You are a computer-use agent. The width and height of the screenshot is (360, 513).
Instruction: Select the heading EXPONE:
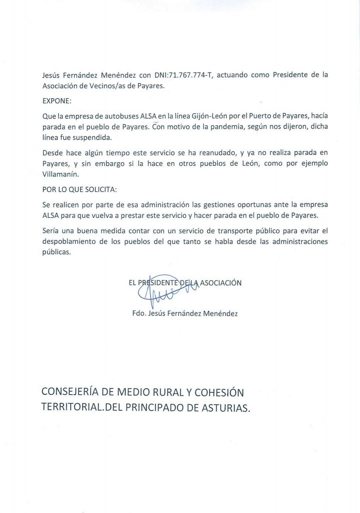tap(57, 100)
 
